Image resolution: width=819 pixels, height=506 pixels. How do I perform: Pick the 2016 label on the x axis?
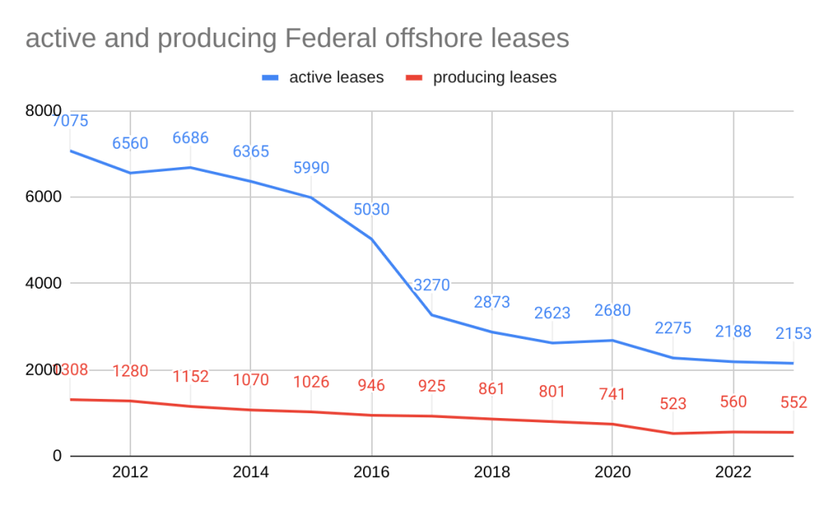pos(371,472)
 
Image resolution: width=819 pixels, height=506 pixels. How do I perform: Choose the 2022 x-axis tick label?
pos(733,472)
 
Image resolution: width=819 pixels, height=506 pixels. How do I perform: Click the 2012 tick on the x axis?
pos(130,472)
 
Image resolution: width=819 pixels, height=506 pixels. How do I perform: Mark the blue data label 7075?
pos(70,122)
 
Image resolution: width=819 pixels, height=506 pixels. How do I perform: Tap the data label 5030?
pos(371,210)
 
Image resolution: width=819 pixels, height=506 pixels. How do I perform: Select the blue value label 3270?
pos(432,285)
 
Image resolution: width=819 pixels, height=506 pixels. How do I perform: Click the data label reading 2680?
pos(612,310)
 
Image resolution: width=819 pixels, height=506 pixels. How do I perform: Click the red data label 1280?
pos(130,371)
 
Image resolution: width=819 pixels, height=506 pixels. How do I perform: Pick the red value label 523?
pos(673,404)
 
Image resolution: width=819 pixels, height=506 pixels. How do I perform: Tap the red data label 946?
pos(371,385)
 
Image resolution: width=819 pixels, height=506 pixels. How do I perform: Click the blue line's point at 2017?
pos(432,315)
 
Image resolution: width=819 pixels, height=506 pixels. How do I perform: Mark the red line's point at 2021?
pos(673,433)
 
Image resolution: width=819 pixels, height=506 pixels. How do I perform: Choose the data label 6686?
pos(190,138)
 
